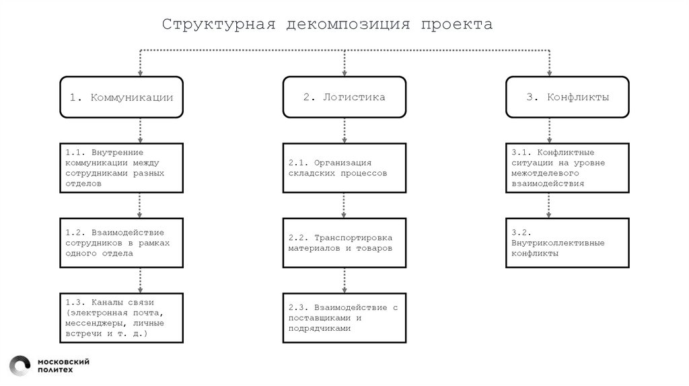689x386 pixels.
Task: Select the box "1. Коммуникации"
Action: click(121, 98)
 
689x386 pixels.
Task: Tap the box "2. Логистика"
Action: click(344, 98)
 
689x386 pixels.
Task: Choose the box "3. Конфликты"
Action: click(567, 98)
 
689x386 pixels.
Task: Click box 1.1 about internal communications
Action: click(121, 168)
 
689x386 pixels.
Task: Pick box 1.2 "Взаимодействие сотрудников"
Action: click(121, 243)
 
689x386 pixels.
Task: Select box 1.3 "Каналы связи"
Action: click(121, 317)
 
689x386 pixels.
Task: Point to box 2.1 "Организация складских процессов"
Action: click(344, 168)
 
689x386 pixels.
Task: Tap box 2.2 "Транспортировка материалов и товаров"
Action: click(344, 243)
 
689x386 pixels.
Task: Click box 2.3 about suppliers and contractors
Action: click(344, 317)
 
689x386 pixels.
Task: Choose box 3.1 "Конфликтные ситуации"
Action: click(567, 168)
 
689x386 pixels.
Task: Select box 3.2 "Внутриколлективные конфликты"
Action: click(567, 243)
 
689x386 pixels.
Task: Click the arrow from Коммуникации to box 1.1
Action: click(140, 131)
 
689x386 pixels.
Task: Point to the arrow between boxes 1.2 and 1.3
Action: click(140, 280)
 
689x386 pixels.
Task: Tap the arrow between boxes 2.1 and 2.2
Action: click(344, 206)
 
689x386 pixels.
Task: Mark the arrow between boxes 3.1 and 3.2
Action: click(549, 206)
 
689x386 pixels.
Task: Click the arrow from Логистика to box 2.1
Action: click(344, 131)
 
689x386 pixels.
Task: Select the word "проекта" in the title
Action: click(457, 25)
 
